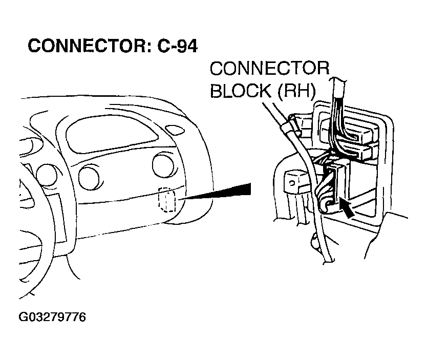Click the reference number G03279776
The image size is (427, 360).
(53, 317)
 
